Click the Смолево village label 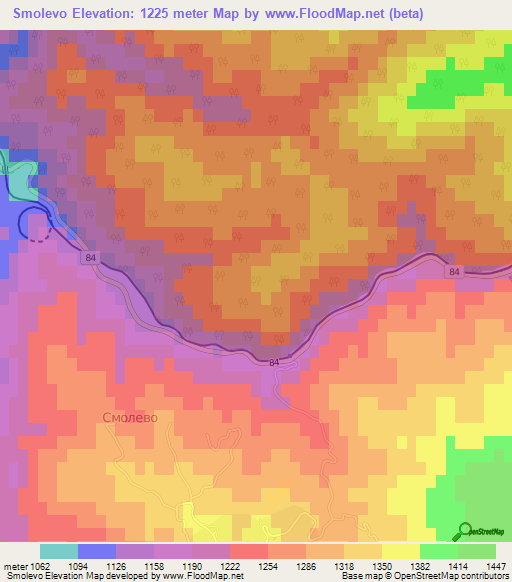(x=130, y=417)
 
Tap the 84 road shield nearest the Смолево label (x=273, y=362)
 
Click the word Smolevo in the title (x=46, y=14)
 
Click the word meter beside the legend (x=15, y=565)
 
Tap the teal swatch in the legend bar (x=58, y=551)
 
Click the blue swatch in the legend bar (x=96, y=551)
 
